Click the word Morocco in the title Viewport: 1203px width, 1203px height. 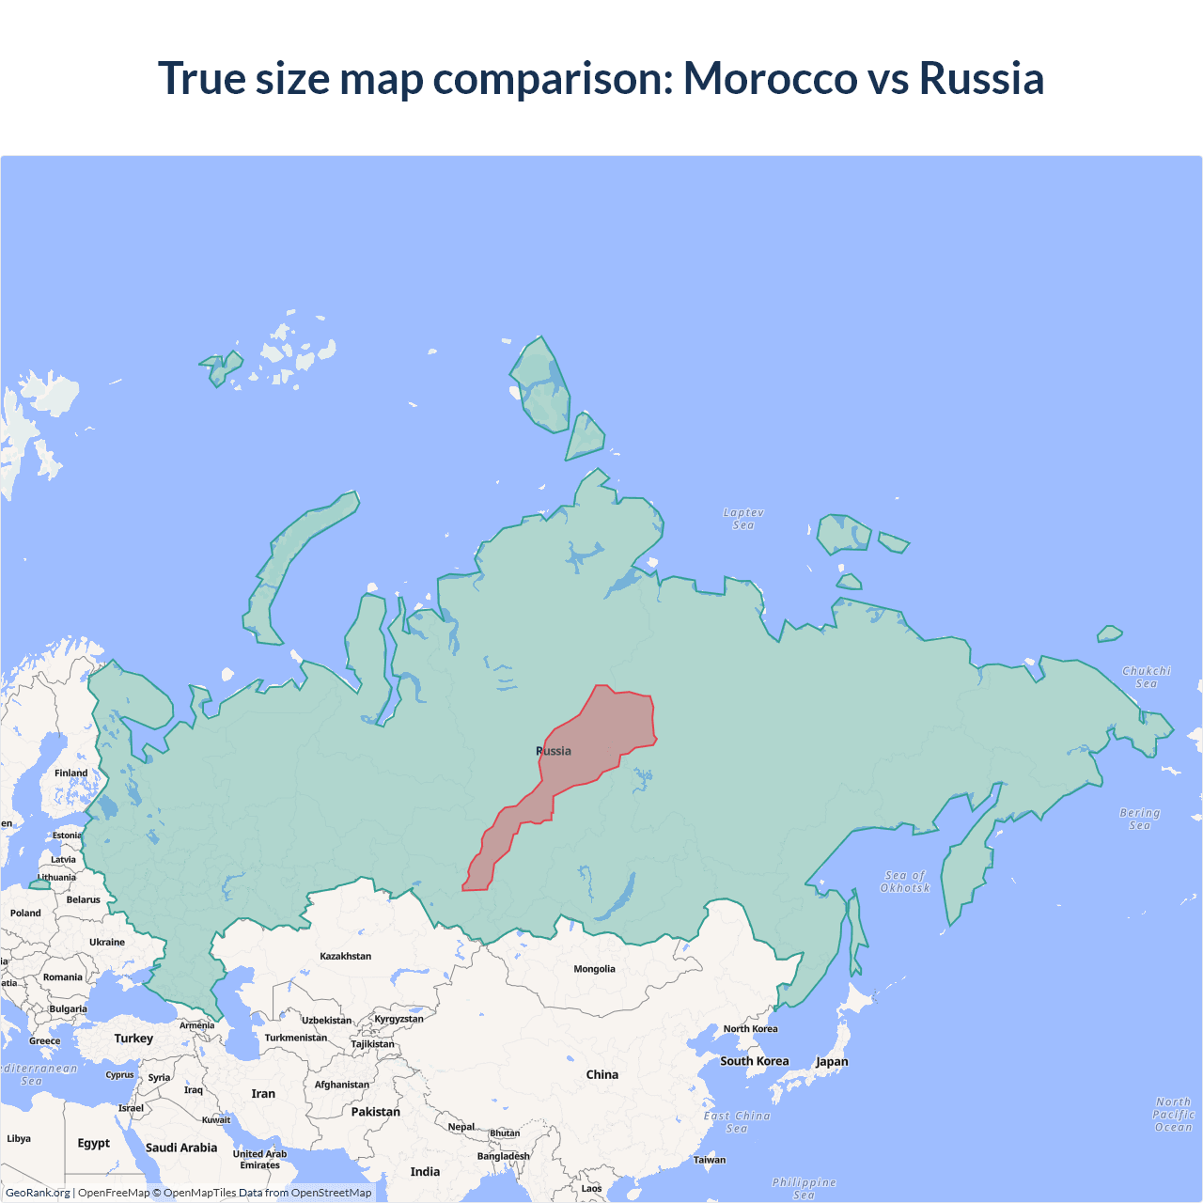[770, 78]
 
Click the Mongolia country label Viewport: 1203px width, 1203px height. [594, 969]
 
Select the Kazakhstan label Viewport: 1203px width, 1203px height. [345, 956]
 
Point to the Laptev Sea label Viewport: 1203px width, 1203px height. [743, 519]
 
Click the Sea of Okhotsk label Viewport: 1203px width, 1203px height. [905, 882]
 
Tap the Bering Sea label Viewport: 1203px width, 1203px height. [1139, 819]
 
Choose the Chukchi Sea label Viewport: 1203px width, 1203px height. [1147, 677]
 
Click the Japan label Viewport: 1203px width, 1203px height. [832, 1062]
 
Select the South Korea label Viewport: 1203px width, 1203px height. [755, 1061]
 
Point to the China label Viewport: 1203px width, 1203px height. [602, 1074]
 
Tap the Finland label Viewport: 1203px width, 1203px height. [70, 773]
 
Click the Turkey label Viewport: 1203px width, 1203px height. [133, 1039]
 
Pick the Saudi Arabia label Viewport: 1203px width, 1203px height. [181, 1148]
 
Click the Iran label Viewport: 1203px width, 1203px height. [263, 1094]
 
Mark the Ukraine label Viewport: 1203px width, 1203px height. [107, 942]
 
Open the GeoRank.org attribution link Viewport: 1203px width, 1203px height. [38, 1193]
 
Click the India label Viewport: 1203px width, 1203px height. [425, 1172]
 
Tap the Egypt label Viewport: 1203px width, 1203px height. [94, 1143]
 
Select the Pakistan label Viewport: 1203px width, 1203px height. [376, 1112]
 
